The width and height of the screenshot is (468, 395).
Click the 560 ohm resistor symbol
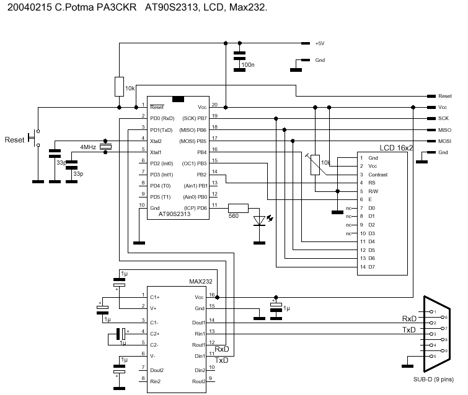238,208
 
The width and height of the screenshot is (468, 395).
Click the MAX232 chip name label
201,282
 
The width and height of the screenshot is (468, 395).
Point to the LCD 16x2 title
392,149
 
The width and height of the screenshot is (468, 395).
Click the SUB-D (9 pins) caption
433,379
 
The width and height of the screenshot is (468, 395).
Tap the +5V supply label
320,43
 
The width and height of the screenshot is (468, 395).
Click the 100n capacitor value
248,64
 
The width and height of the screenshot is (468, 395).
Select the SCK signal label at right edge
443,118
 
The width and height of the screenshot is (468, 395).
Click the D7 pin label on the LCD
372,267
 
